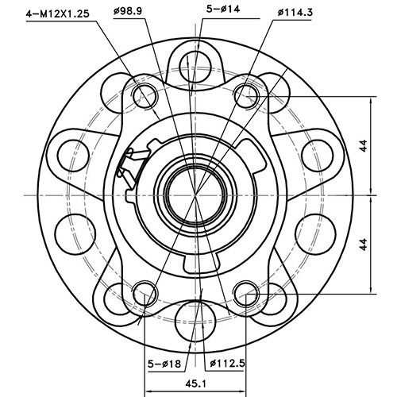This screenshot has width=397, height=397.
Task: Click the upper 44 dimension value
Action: pos(363,145)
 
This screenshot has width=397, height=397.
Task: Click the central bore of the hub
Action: pos(195,195)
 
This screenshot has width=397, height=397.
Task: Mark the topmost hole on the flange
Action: pos(195,63)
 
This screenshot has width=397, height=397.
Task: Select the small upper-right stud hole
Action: pos(247,97)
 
